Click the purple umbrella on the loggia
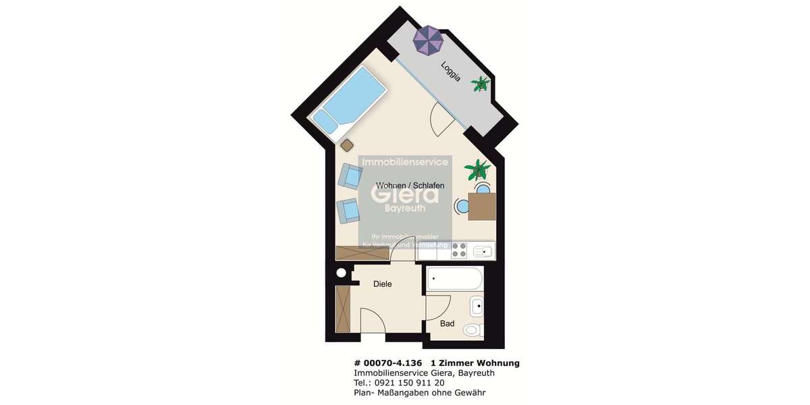[428, 40]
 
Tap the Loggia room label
[451, 72]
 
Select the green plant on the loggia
[481, 84]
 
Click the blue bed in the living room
[351, 102]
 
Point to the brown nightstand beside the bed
[348, 144]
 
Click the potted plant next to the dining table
[477, 169]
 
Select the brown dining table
[482, 207]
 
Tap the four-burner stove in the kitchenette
[460, 251]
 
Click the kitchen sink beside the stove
[483, 252]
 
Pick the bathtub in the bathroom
[454, 278]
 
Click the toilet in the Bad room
[474, 329]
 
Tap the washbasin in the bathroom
[477, 306]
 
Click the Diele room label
[383, 284]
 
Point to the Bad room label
[447, 324]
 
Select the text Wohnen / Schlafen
[410, 185]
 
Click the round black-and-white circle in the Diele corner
[342, 273]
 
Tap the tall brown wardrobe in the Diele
[344, 309]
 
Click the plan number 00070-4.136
[393, 363]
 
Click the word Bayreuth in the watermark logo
[406, 209]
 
